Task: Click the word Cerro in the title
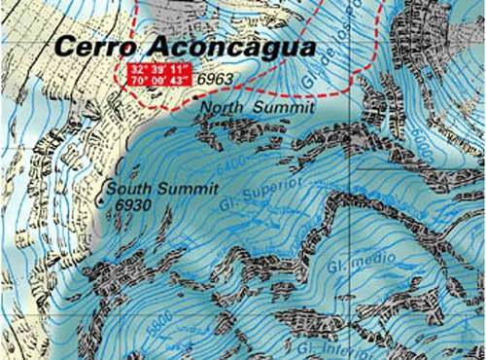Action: pos(94,46)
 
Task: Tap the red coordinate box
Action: pos(159,73)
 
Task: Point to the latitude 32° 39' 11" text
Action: pos(159,67)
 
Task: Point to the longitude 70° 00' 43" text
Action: pos(159,79)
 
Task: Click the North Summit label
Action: pos(258,109)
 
